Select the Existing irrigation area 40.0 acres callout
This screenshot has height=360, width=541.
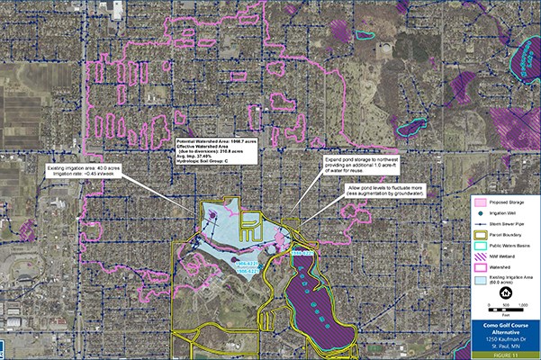(x=82, y=171)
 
